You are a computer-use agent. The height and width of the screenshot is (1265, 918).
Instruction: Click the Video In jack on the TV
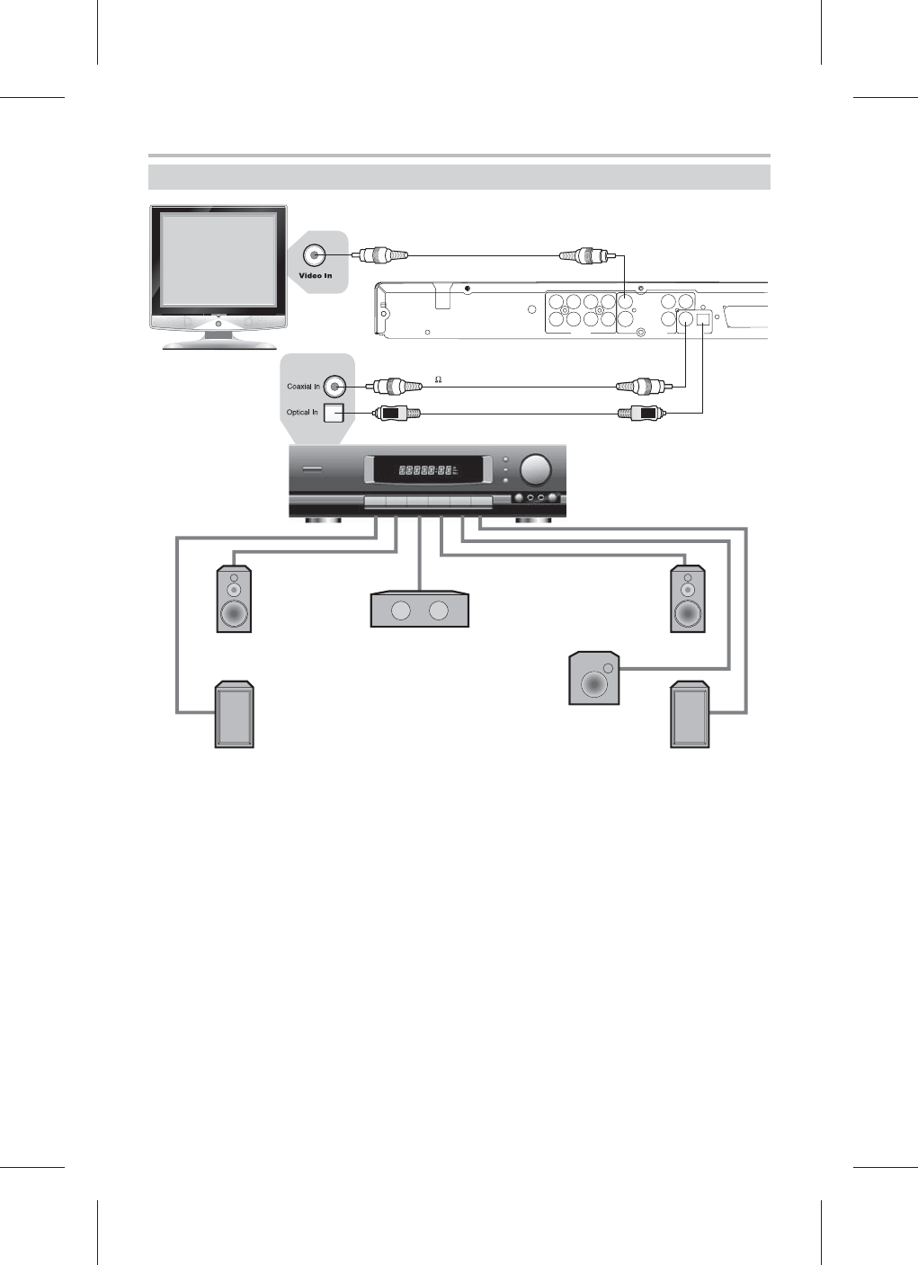316,254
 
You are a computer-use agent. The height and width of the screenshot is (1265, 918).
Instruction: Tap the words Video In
316,275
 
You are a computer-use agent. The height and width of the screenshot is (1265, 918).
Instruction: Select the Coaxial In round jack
335,387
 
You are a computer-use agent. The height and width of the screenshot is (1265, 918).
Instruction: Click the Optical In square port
334,413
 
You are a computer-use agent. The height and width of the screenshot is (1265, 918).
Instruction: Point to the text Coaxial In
303,387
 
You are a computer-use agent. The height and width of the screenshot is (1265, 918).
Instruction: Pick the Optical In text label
302,413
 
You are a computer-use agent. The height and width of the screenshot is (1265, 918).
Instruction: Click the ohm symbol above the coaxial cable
438,378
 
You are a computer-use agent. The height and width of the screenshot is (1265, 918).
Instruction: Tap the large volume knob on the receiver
536,468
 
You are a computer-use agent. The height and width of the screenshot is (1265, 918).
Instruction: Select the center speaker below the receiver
420,609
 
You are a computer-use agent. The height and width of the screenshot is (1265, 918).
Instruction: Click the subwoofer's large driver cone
593,683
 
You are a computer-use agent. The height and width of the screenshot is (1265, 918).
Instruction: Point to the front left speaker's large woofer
234,614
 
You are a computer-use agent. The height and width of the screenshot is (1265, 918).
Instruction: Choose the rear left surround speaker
234,716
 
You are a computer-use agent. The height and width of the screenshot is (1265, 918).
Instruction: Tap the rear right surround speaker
690,716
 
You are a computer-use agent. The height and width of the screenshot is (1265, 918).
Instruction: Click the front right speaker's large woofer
688,614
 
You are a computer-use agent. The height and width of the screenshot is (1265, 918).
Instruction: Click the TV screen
218,260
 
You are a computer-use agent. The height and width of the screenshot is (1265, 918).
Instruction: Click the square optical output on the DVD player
704,317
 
